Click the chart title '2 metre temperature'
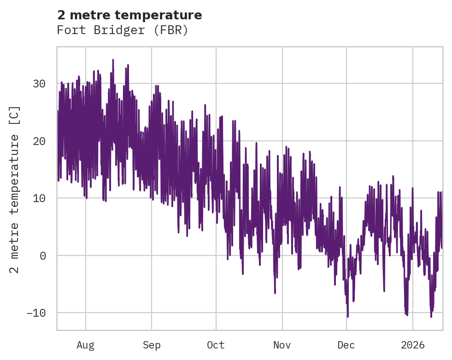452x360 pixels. (129, 15)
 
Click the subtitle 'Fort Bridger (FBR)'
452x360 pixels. (123, 30)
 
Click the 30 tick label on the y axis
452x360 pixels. (39, 84)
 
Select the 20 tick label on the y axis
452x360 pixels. (39, 141)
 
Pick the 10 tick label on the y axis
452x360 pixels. (39, 198)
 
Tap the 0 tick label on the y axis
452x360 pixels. (43, 255)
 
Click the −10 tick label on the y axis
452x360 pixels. (36, 313)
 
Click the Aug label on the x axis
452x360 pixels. (86, 345)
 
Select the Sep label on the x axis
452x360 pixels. (152, 345)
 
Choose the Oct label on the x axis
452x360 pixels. (216, 345)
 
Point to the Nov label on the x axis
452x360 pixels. (282, 345)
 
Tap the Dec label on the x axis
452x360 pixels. (346, 345)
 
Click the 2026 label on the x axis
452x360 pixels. (413, 345)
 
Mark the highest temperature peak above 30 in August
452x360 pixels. (113, 60)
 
